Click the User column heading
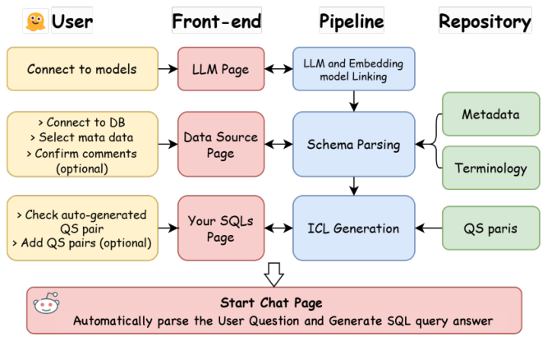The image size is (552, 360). pyautogui.click(x=72, y=21)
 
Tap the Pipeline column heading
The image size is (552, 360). pyautogui.click(x=352, y=21)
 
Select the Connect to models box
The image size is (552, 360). pyautogui.click(x=82, y=69)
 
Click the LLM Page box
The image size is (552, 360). pyautogui.click(x=221, y=69)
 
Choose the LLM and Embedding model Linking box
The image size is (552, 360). pyautogui.click(x=353, y=69)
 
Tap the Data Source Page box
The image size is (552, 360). pyautogui.click(x=221, y=145)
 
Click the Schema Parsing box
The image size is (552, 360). pyautogui.click(x=353, y=145)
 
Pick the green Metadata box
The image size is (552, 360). pyautogui.click(x=490, y=114)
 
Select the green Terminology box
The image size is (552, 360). pyautogui.click(x=490, y=168)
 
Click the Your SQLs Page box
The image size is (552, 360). pyautogui.click(x=221, y=228)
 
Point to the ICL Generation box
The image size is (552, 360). pyautogui.click(x=353, y=228)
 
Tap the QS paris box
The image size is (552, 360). pyautogui.click(x=490, y=228)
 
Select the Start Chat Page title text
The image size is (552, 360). pyautogui.click(x=272, y=302)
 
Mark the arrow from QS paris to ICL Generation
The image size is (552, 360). pyautogui.click(x=429, y=228)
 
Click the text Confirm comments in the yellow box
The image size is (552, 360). pyautogui.click(x=86, y=154)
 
